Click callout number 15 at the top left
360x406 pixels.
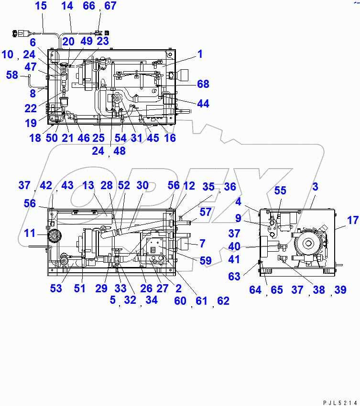click(x=41, y=6)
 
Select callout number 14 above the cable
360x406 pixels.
click(x=67, y=6)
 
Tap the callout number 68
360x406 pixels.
click(x=203, y=84)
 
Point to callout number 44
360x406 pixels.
click(x=203, y=104)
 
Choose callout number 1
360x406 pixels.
click(x=200, y=54)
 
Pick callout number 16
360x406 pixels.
click(x=169, y=138)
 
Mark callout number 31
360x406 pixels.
click(x=137, y=138)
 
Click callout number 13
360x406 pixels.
click(x=88, y=185)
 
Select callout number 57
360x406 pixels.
click(x=205, y=212)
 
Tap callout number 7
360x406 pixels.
click(x=202, y=244)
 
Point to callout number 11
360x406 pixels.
click(x=30, y=234)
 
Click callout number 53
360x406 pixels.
click(x=56, y=288)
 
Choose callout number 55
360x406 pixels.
click(x=280, y=191)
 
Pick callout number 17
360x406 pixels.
click(x=352, y=221)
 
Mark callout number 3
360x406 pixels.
click(x=315, y=187)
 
